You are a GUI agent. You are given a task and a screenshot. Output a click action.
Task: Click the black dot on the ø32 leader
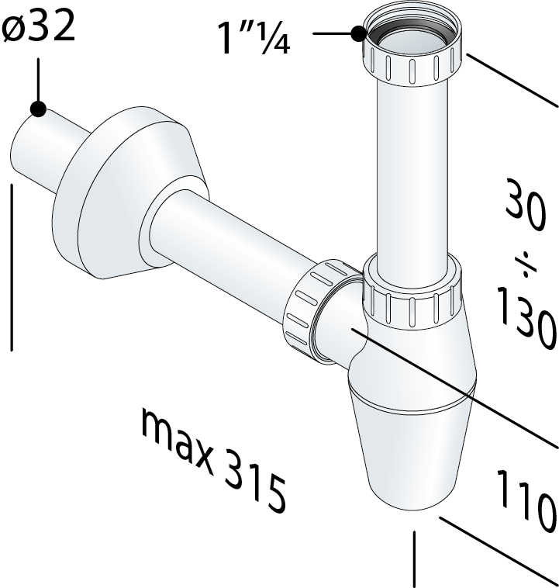(x=38, y=109)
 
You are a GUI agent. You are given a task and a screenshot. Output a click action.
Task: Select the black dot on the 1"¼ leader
(x=359, y=34)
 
